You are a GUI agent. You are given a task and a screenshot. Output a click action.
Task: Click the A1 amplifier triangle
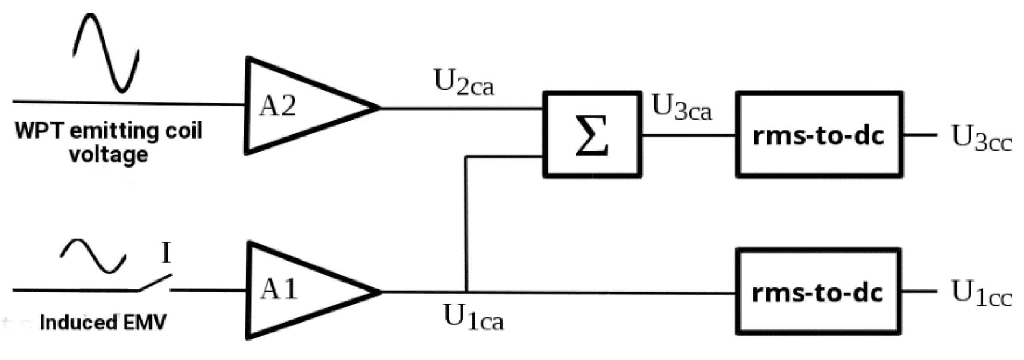point(297,291)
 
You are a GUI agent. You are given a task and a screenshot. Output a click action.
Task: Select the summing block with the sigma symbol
point(592,134)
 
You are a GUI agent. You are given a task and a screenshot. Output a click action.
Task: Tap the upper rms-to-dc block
point(819,134)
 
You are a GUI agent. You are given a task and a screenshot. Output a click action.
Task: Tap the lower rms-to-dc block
point(818,292)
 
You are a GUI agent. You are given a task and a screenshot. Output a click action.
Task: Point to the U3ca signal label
point(682,107)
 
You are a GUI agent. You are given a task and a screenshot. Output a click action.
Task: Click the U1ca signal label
point(473,318)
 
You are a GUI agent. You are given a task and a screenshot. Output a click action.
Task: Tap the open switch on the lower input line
point(154,283)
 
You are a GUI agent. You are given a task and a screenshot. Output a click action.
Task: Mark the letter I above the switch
point(166,253)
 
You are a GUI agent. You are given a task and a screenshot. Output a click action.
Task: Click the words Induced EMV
point(103,323)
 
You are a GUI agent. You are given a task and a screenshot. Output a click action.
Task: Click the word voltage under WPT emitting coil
point(109,155)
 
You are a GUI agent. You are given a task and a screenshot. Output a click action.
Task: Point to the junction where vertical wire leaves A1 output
point(466,292)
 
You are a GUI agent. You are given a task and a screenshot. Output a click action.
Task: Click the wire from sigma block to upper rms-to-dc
point(689,136)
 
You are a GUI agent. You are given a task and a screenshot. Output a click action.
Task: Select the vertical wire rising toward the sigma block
point(466,224)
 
